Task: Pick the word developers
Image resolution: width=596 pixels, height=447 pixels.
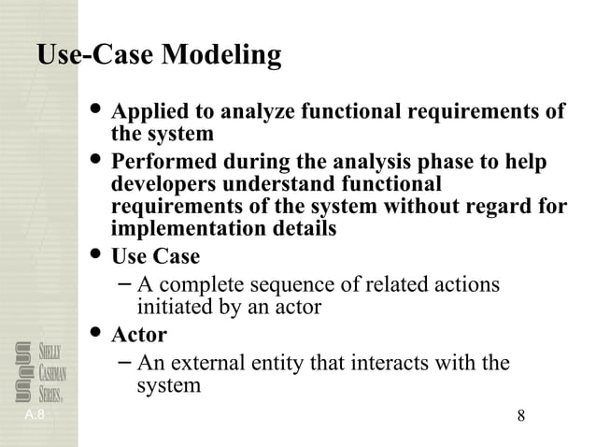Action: pyautogui.click(x=164, y=184)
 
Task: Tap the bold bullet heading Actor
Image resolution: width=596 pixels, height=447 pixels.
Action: pyautogui.click(x=139, y=334)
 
